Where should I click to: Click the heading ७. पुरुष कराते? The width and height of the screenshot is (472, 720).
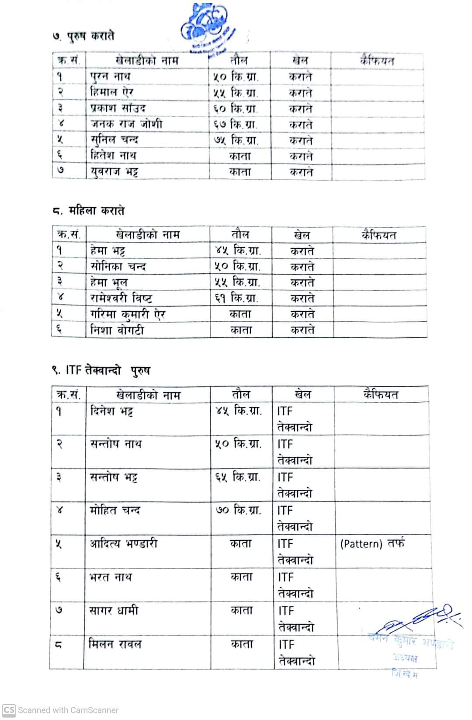coord(83,36)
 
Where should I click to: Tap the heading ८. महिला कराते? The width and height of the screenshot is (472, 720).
coord(88,211)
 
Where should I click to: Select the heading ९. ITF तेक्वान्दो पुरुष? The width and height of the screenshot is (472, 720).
coord(101,371)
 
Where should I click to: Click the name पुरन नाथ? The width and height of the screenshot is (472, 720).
coord(110,77)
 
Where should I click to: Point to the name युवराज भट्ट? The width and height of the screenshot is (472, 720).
coord(115,172)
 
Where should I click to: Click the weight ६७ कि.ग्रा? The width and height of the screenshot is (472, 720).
coord(236,125)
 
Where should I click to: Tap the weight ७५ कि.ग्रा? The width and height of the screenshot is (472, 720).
coord(236,141)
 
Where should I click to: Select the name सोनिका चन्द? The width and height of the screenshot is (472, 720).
coord(118,267)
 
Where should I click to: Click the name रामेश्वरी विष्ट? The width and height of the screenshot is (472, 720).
coord(121,299)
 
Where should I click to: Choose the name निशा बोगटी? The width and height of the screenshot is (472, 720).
coord(117,330)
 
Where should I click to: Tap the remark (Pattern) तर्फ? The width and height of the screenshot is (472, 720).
coord(372,544)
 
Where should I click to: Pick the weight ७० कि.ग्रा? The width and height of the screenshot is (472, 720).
coord(239,510)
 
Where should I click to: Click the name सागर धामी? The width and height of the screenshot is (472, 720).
coord(114,610)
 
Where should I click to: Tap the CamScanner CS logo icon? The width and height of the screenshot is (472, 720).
coord(9,710)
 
